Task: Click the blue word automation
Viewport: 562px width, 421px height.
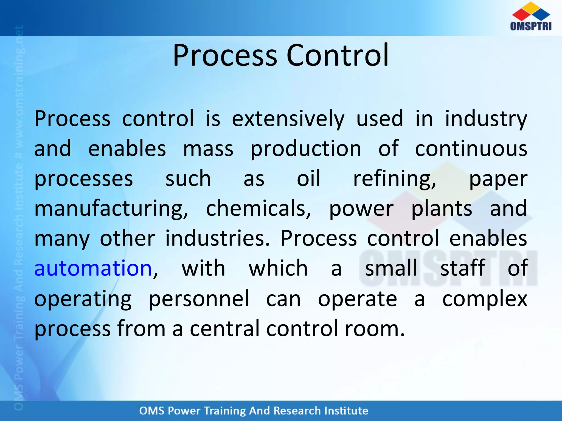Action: coord(93,268)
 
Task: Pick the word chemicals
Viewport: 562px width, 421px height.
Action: coord(258,208)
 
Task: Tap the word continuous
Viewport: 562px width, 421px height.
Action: coord(471,149)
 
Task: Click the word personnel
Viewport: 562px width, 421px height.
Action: coord(199,298)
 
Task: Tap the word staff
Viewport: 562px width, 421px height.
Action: coord(462,268)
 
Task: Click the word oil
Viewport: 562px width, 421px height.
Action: coord(308,178)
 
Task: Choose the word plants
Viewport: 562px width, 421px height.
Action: coord(442,209)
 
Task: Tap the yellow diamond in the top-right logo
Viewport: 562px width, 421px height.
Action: coord(531,7)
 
